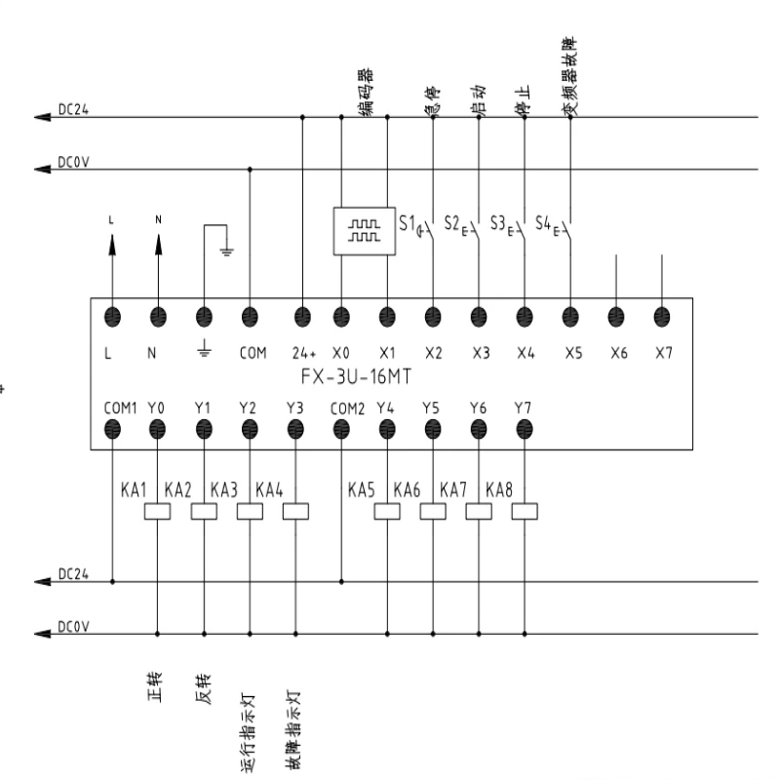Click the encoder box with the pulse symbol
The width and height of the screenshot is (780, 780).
365,232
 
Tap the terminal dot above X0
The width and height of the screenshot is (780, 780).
341,315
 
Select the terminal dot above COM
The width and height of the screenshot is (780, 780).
251,315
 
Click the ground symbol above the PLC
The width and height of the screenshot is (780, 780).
226,249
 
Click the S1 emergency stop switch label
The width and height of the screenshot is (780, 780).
408,222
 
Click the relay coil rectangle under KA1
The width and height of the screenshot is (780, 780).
158,511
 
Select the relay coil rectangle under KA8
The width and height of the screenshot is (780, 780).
525,511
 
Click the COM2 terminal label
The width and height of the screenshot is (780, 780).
346,407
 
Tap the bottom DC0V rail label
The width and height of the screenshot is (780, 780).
74,626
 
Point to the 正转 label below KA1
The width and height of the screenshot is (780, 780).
155,689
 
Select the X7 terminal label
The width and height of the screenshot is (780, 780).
663,354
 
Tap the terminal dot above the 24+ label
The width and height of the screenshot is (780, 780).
302,315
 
